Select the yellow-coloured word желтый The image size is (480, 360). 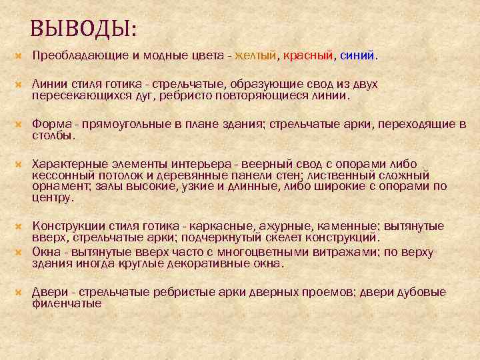pyautogui.click(x=255, y=56)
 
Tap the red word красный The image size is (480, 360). pyautogui.click(x=307, y=56)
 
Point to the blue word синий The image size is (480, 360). pyautogui.click(x=357, y=56)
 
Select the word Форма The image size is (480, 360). pyautogui.click(x=48, y=125)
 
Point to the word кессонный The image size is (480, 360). pyautogui.click(x=59, y=175)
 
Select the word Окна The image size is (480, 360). pyautogui.click(x=45, y=252)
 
